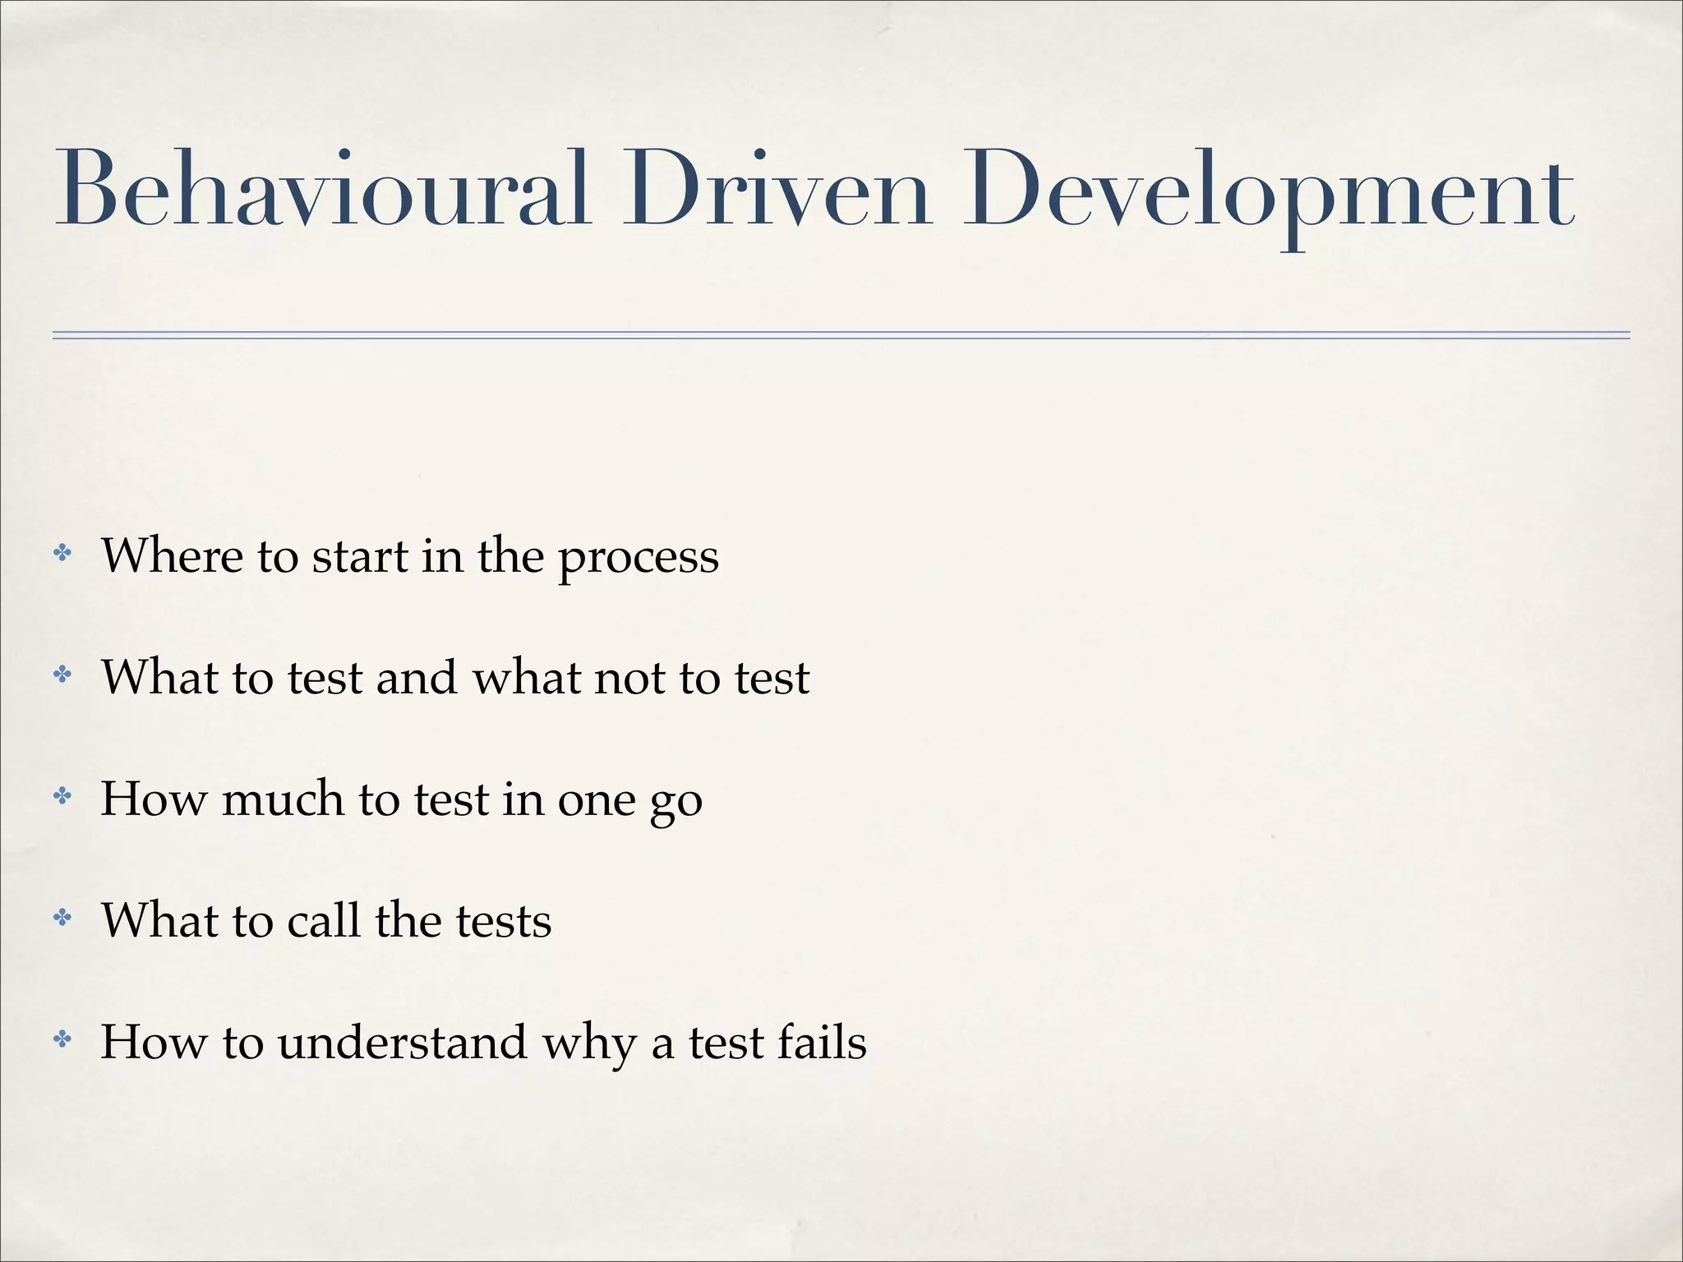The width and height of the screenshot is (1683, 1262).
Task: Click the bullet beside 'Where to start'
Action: (62, 554)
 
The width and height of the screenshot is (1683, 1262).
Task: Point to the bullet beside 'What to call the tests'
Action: (62, 918)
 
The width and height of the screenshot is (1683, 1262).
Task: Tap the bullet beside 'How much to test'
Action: (62, 796)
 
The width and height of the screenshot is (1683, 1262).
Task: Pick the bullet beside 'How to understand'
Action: (62, 1040)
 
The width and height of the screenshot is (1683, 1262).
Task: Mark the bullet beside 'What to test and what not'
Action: (62, 675)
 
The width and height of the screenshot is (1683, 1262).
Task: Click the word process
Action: (639, 559)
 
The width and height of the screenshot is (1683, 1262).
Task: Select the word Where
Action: (172, 555)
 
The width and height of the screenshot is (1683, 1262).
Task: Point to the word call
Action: (324, 919)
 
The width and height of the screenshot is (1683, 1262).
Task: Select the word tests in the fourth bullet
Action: (504, 921)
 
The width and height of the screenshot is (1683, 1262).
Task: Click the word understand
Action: (403, 1042)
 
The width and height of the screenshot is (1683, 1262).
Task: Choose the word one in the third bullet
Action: (597, 800)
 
